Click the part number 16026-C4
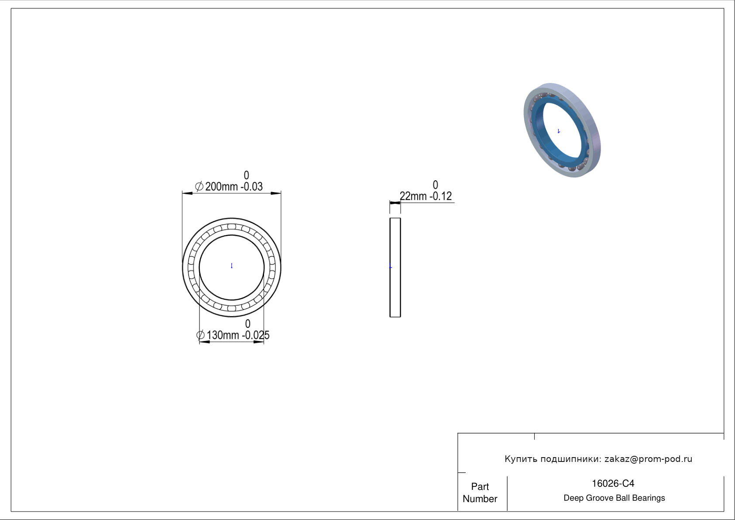pos(613,483)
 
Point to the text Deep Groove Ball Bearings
pos(614,498)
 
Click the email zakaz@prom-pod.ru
pos(649,459)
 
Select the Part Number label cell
pos(480,492)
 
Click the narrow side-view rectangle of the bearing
pos(395,268)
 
